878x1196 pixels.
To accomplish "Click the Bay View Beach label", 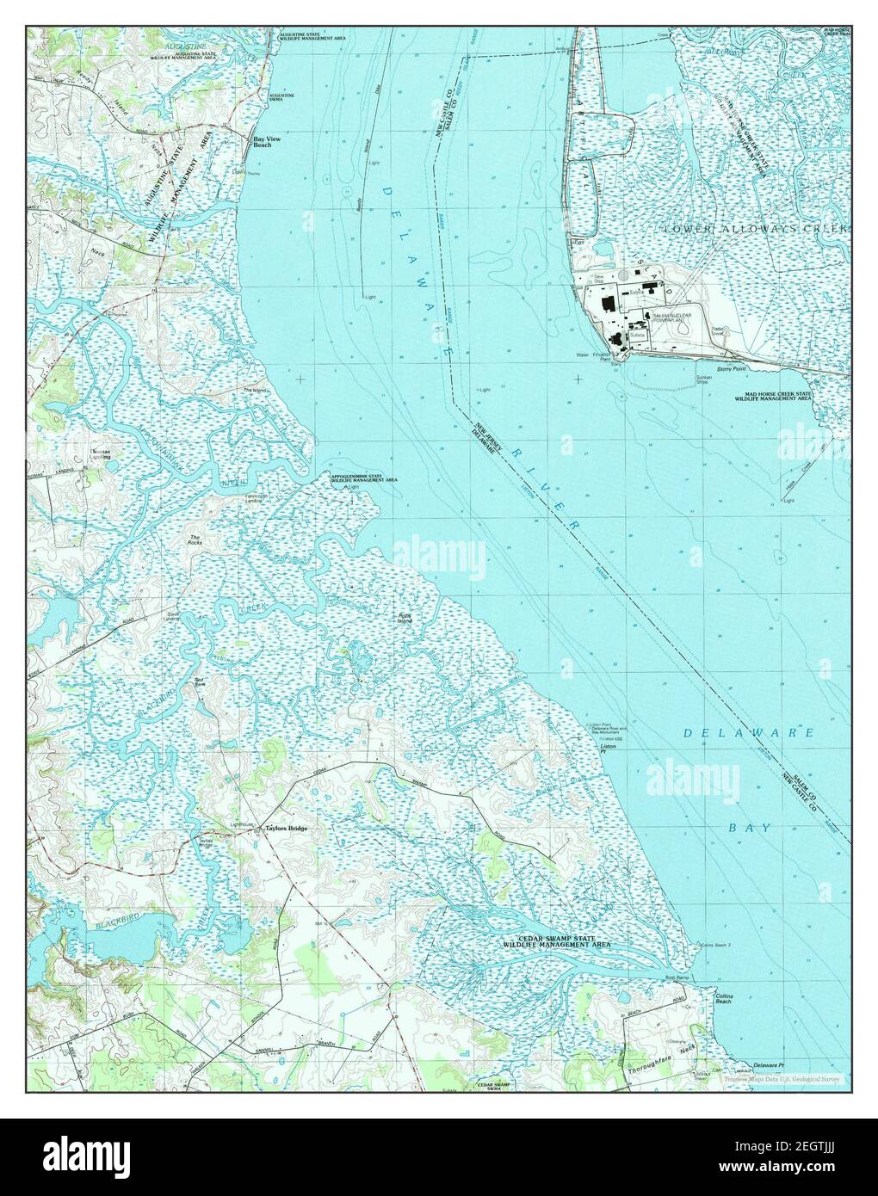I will point(261,142).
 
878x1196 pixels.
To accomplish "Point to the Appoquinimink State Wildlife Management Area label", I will point(358,477).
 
